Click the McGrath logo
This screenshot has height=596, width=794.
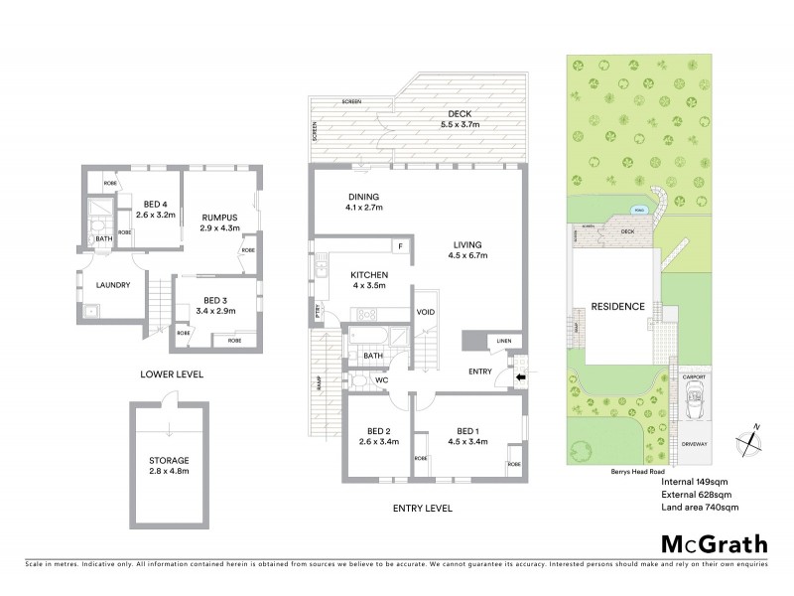(715, 543)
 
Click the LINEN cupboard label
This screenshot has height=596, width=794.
(503, 343)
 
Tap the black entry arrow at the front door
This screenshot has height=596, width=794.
(523, 376)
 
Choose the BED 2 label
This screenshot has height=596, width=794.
(378, 435)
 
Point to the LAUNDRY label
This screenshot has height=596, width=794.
(113, 285)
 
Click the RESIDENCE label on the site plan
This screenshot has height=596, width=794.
(617, 306)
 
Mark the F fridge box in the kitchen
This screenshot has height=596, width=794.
(399, 245)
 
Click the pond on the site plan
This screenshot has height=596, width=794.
(638, 211)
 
